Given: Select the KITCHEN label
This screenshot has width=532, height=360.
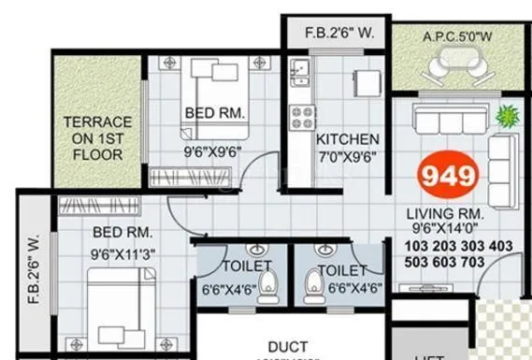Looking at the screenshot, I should pos(347,138).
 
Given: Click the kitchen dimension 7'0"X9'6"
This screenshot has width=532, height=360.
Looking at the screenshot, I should pos(346,156).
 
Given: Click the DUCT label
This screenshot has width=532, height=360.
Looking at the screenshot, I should pos(289,347).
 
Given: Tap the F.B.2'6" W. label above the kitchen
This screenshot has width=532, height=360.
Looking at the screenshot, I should pos(340,34).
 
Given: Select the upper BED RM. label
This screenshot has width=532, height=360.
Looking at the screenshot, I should pos(215,112).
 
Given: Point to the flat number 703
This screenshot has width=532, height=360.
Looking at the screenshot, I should pos(497,264).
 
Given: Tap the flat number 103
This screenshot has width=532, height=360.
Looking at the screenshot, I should pos(396,246).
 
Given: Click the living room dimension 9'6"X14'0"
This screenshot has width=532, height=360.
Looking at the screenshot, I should pos(446,226).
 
